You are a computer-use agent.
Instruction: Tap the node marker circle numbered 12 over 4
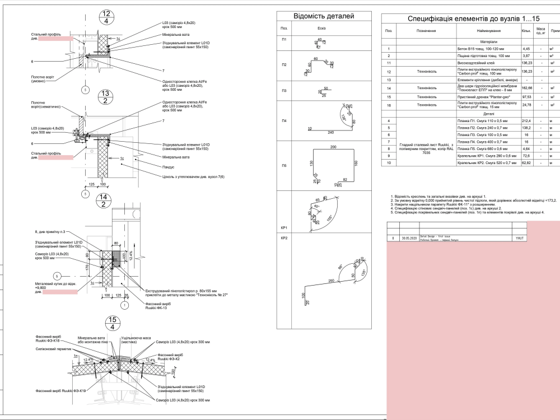pyautogui.click(x=106, y=17)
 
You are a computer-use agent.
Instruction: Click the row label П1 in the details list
pyautogui.click(x=284, y=40)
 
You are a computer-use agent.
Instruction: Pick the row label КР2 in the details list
pyautogui.click(x=284, y=239)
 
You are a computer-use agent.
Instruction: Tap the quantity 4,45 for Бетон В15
pyautogui.click(x=526, y=49)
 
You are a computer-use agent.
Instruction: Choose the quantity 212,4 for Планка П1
pyautogui.click(x=526, y=120)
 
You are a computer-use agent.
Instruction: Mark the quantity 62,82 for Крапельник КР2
pyautogui.click(x=526, y=162)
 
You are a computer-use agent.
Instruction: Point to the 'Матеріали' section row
pyautogui.click(x=485, y=41)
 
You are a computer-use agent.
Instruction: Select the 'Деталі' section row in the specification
pyautogui.click(x=485, y=113)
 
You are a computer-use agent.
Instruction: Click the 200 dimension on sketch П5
pyautogui.click(x=333, y=147)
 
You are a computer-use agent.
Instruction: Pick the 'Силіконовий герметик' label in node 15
pyautogui.click(x=52, y=348)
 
